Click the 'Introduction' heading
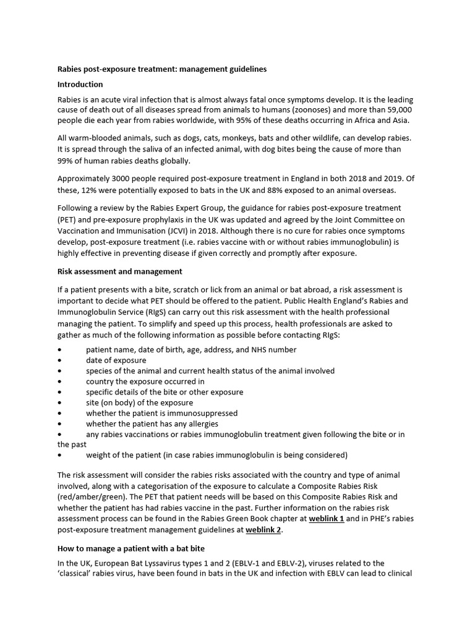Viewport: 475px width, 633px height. coord(80,84)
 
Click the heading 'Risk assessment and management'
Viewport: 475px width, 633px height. coord(119,271)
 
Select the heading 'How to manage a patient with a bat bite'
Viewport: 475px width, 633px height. coord(131,548)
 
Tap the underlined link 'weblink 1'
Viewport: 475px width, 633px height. coord(327,519)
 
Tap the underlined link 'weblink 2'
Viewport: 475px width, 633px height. coord(263,530)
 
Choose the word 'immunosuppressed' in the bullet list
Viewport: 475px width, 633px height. coord(202,413)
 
